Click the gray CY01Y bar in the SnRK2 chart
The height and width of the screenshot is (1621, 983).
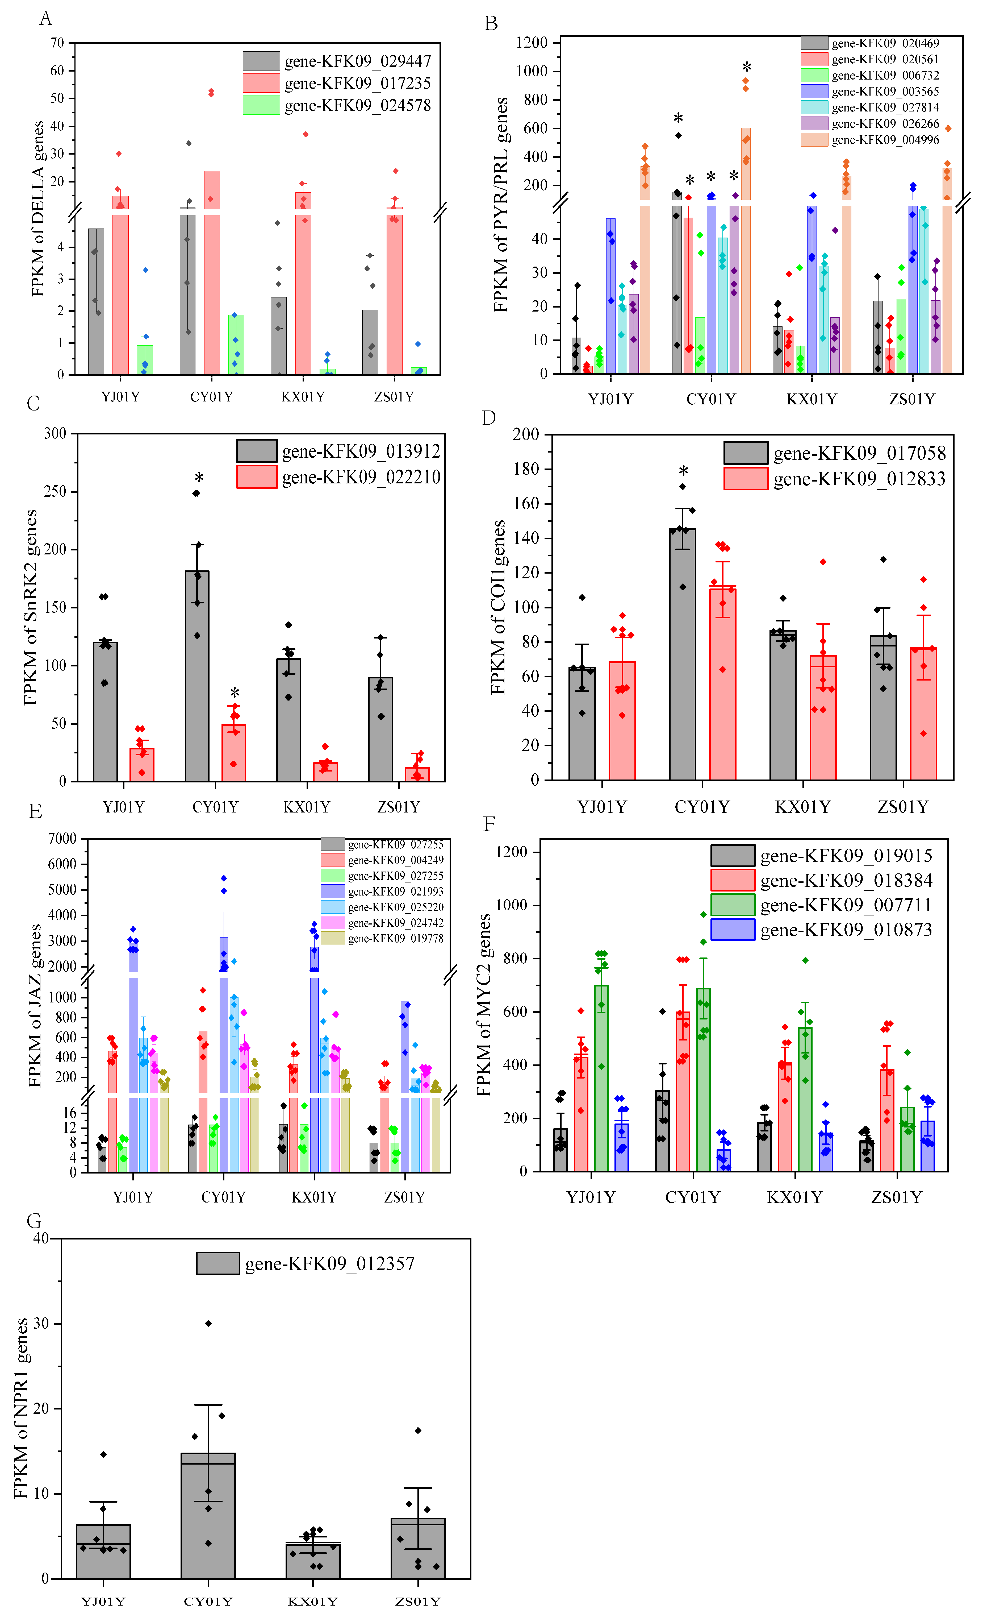coord(197,678)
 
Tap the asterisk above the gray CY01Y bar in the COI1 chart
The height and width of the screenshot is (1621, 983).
coord(683,472)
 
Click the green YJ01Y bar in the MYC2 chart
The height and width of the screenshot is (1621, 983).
coord(601,1079)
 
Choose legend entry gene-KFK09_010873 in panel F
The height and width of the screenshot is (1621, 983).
coord(846,930)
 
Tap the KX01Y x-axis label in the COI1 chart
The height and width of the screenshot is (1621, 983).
coord(802,807)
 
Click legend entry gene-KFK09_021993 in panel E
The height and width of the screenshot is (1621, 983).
coord(395,892)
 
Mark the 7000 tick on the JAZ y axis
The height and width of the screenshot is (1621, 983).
coord(62,838)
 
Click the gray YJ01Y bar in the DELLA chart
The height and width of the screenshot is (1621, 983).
coord(96,302)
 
